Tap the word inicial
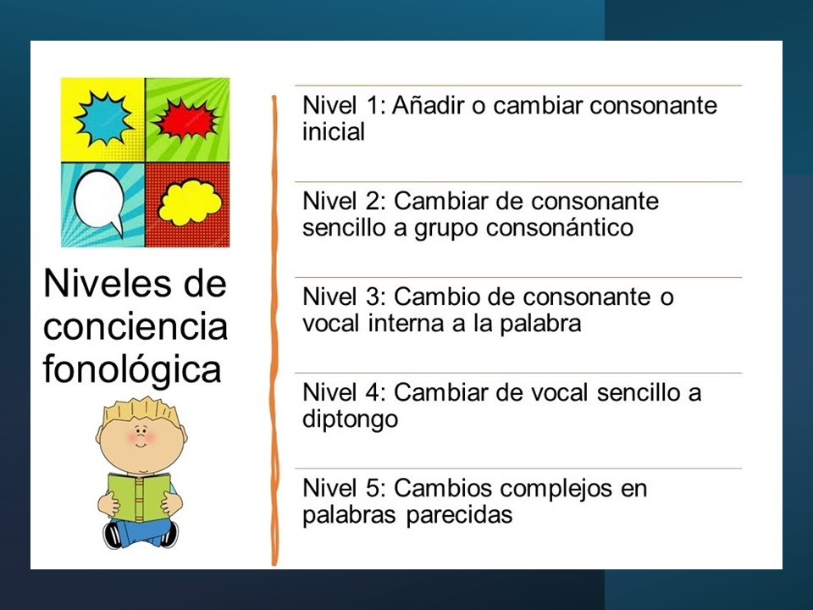(x=334, y=132)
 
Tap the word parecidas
(x=459, y=515)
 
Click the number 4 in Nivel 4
(x=373, y=392)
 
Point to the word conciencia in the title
(x=135, y=327)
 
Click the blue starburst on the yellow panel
(x=103, y=118)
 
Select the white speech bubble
(x=100, y=202)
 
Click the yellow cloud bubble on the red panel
(x=189, y=201)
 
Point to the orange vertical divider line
(x=274, y=330)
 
